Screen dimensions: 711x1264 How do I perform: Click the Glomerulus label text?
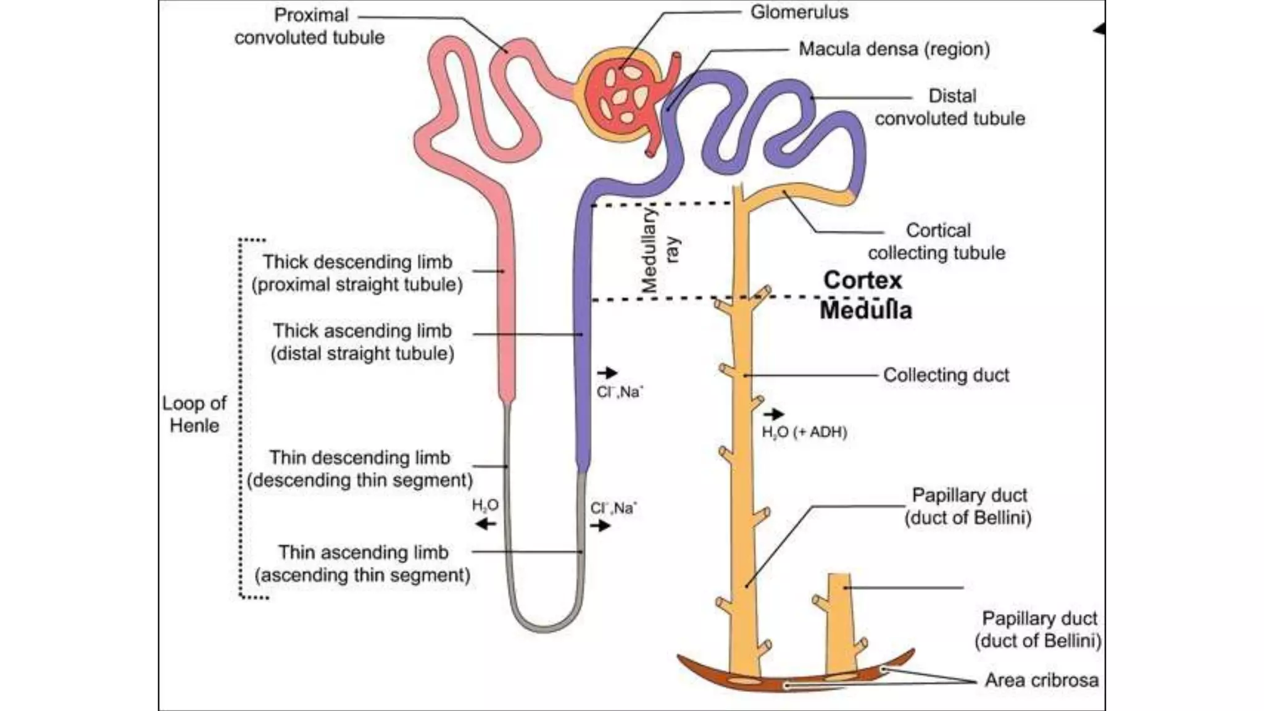click(x=799, y=12)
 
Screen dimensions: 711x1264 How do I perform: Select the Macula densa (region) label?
click(x=894, y=49)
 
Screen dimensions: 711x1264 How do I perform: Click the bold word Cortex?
click(x=862, y=280)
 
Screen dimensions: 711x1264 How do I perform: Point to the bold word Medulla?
click(x=865, y=310)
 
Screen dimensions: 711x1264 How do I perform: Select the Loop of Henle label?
click(x=194, y=414)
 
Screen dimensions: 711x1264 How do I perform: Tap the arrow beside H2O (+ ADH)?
click(x=774, y=414)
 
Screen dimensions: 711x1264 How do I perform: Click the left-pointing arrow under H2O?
click(x=485, y=525)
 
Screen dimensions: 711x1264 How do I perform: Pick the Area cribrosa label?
click(x=1041, y=680)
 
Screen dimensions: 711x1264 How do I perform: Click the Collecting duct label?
click(x=946, y=375)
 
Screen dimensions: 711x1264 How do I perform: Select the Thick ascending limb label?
click(x=362, y=342)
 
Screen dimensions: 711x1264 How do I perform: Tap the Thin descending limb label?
click(x=360, y=468)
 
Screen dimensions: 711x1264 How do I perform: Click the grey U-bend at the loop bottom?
click(x=545, y=626)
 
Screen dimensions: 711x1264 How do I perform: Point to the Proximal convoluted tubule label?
click(x=310, y=26)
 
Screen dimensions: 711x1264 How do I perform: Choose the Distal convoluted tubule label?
click(x=950, y=107)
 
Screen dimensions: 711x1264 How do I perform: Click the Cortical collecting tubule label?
click(x=936, y=241)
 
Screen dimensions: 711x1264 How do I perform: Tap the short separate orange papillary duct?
click(x=840, y=623)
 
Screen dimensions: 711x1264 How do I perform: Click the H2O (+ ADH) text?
click(x=804, y=432)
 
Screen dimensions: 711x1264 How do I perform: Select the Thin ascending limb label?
click(x=363, y=563)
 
